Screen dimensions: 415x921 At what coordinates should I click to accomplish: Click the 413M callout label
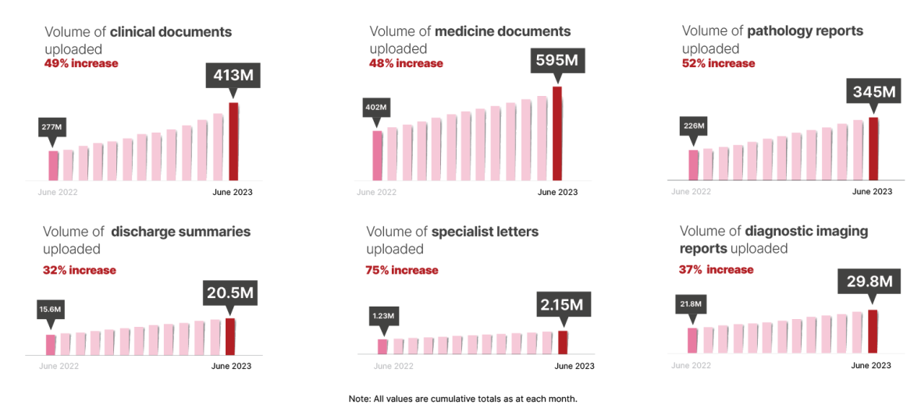pyautogui.click(x=233, y=76)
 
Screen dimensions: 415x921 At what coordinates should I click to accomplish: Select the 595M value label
pyautogui.click(x=557, y=61)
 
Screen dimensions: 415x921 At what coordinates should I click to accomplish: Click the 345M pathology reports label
pyautogui.click(x=873, y=92)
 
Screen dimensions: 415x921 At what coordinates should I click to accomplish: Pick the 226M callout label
pyautogui.click(x=694, y=126)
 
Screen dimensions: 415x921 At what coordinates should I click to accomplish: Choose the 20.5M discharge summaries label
pyautogui.click(x=230, y=293)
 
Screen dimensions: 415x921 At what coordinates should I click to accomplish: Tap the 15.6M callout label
pyautogui.click(x=51, y=310)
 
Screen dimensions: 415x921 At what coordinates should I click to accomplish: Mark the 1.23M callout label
pyautogui.click(x=382, y=316)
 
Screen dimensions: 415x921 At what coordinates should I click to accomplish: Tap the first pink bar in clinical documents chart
pyautogui.click(x=53, y=165)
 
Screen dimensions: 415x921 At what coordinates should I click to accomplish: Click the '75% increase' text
pyautogui.click(x=402, y=270)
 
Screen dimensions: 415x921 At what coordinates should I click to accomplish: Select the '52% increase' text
pyautogui.click(x=718, y=63)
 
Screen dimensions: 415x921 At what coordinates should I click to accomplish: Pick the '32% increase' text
pyautogui.click(x=80, y=270)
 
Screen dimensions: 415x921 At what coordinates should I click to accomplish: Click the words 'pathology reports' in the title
pyautogui.click(x=805, y=31)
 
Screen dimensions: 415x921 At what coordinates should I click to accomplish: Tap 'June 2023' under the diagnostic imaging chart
pyautogui.click(x=870, y=365)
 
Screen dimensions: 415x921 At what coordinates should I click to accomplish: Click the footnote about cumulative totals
pyautogui.click(x=462, y=399)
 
